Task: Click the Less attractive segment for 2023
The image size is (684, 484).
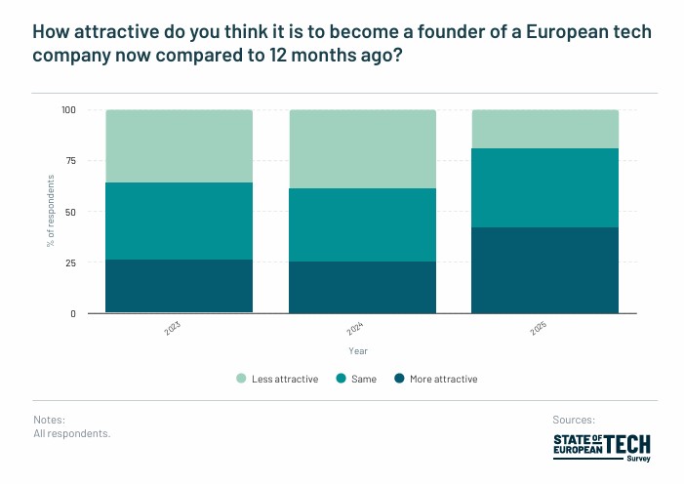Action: coord(180,146)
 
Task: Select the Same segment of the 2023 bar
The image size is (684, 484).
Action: coord(180,221)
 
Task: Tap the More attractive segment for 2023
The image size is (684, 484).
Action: coord(180,286)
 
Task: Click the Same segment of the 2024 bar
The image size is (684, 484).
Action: coord(362,224)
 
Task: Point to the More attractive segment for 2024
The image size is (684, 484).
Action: coord(362,287)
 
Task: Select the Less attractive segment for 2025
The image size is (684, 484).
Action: coord(545,129)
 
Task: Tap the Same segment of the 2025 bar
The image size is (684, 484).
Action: coord(545,187)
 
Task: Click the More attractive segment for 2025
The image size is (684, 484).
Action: coord(545,270)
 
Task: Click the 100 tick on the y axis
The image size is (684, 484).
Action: coord(67,110)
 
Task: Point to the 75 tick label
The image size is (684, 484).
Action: coord(70,161)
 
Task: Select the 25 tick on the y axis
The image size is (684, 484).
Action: coord(70,262)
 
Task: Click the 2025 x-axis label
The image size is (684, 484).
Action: coord(539,330)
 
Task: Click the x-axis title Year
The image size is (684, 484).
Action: coord(358,350)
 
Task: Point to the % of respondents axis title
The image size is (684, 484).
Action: coord(50,212)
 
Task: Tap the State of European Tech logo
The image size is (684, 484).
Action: coord(601,447)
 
